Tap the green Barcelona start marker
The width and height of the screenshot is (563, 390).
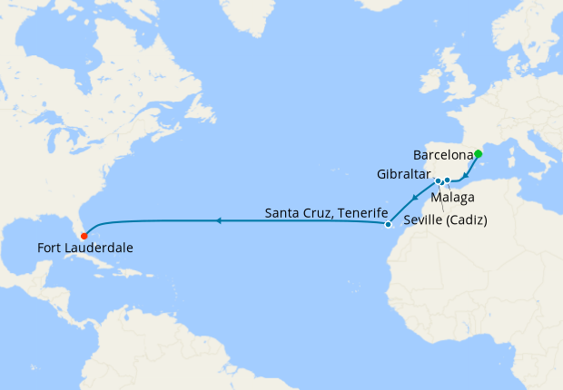point(479,153)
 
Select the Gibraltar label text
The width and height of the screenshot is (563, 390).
point(404,173)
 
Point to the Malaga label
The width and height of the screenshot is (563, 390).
point(451,196)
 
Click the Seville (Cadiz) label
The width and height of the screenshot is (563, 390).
point(441,219)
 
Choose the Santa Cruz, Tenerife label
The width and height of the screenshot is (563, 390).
point(321,214)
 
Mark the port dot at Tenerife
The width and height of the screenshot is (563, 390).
point(387,224)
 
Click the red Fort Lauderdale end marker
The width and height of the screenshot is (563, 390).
point(84,238)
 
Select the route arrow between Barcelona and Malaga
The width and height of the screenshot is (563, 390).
point(466,175)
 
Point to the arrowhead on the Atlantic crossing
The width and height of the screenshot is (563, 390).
point(218,220)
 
